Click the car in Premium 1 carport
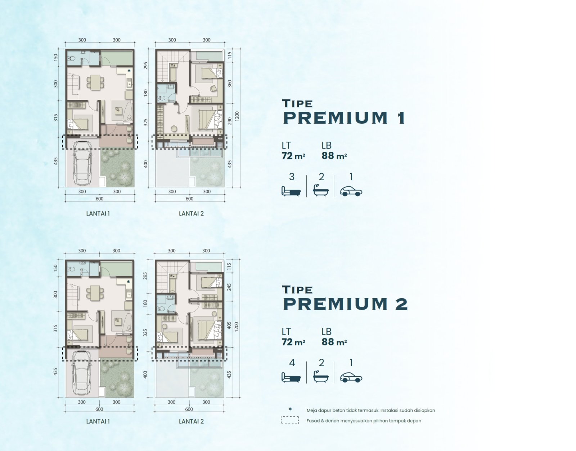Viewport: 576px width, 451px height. (x=82, y=163)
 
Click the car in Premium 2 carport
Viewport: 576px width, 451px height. (x=82, y=373)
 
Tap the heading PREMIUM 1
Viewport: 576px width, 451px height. (x=344, y=118)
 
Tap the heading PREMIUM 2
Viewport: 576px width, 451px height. (x=345, y=304)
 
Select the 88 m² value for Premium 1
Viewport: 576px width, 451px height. (x=334, y=156)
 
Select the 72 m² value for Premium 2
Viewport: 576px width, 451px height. (x=293, y=342)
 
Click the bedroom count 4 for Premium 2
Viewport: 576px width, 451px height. (x=292, y=363)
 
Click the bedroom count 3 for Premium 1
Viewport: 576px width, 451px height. (x=292, y=177)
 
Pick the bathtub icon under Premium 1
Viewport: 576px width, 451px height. (x=321, y=191)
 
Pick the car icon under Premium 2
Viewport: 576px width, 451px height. (x=351, y=377)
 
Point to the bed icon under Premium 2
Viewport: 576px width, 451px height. (x=291, y=377)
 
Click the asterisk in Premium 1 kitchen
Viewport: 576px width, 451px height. (x=129, y=71)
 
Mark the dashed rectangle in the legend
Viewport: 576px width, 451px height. (x=290, y=420)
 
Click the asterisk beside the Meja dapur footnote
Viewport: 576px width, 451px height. (x=290, y=409)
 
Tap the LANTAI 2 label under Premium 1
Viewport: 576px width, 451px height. (x=192, y=213)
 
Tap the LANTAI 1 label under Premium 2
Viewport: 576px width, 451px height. (x=98, y=421)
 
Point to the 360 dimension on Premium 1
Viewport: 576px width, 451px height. (x=230, y=84)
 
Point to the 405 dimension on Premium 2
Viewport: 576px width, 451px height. (x=229, y=325)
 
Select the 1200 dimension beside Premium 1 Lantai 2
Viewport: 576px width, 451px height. (x=237, y=116)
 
